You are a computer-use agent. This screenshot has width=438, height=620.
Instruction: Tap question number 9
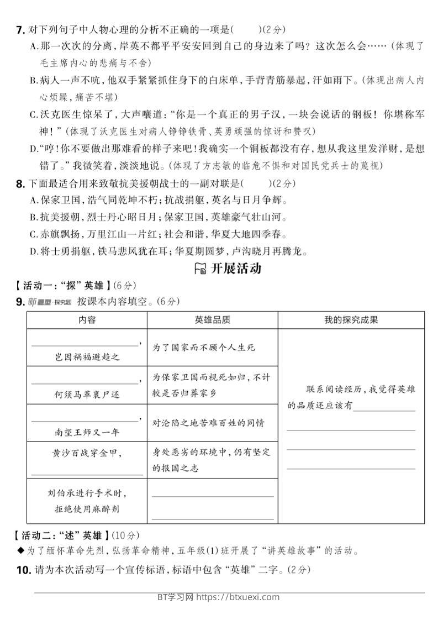click(20, 302)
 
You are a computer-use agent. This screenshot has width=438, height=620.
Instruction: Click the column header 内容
click(87, 320)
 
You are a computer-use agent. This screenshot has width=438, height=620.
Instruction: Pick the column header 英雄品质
click(212, 320)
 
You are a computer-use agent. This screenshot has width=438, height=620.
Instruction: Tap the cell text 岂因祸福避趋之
click(88, 357)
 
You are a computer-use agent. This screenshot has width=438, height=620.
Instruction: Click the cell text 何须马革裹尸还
click(88, 395)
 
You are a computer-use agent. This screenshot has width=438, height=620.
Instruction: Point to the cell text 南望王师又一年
click(88, 432)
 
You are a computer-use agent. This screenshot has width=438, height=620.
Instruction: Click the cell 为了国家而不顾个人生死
click(204, 347)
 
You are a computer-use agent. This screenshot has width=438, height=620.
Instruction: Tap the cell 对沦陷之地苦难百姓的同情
click(208, 423)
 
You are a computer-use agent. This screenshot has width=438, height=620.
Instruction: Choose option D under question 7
click(33, 149)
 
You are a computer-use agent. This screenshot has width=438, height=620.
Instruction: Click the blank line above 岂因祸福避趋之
click(86, 345)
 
